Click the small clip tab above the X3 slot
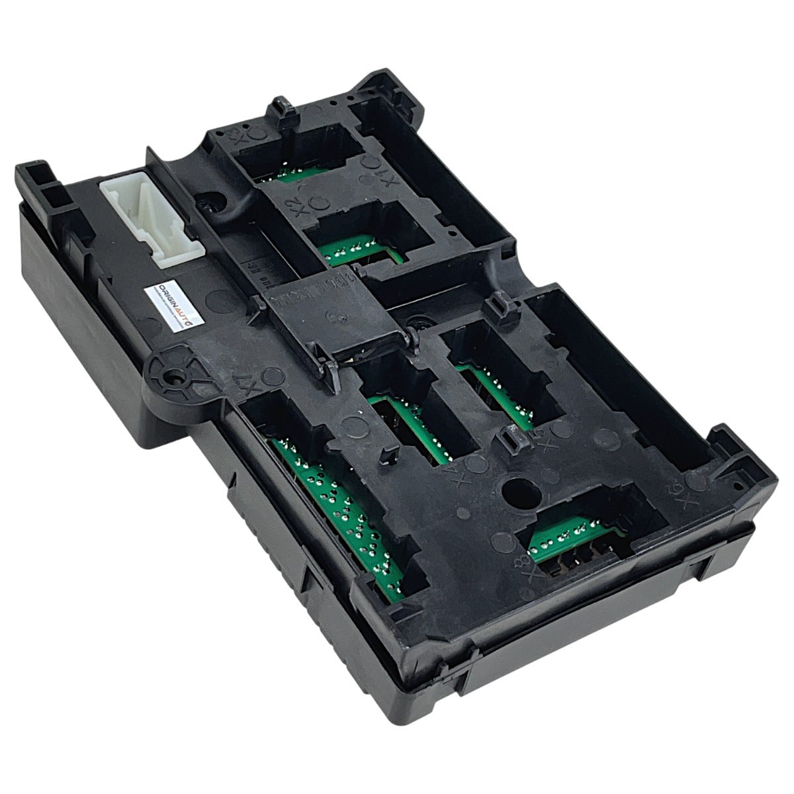[281, 109]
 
